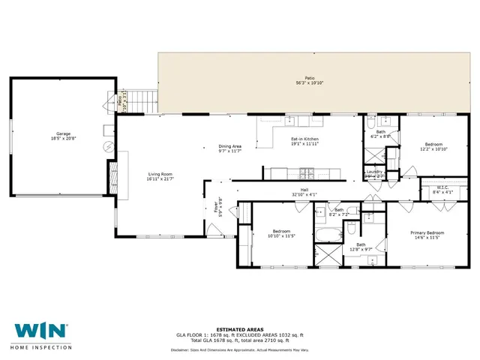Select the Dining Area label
(229, 148)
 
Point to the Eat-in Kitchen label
(305, 141)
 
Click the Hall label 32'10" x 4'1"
(304, 192)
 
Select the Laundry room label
(374, 173)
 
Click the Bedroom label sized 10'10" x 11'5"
(281, 233)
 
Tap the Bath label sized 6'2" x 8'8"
(381, 134)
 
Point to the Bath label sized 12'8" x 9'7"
(361, 247)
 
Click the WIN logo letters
(40, 330)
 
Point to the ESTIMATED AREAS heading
(240, 328)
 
